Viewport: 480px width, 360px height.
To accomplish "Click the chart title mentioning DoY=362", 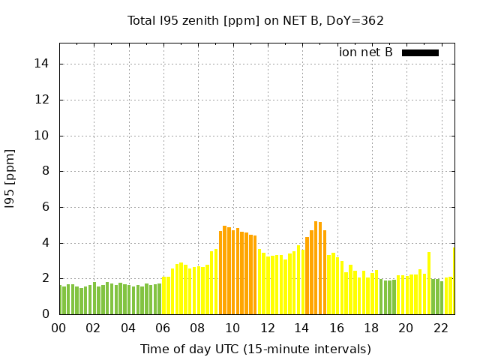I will [x=256, y=20].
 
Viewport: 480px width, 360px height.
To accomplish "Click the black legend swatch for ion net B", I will [x=420, y=52].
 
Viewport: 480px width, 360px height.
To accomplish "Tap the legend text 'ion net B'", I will [x=365, y=52].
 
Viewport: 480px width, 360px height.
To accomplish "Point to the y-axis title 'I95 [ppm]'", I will [x=10, y=178].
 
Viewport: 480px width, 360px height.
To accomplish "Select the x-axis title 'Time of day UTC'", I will [x=256, y=349].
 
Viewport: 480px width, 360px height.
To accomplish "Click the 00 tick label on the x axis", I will [x=59, y=328].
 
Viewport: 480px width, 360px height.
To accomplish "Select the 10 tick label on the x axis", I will [x=232, y=328].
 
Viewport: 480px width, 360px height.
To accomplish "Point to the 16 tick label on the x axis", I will [x=337, y=328].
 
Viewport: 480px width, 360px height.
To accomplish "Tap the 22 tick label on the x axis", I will [x=441, y=328].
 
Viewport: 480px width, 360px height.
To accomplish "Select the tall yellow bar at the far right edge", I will [x=453, y=281].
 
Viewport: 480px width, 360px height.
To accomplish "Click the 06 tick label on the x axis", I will [x=163, y=328].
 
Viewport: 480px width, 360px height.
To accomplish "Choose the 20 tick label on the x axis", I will [x=406, y=328].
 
